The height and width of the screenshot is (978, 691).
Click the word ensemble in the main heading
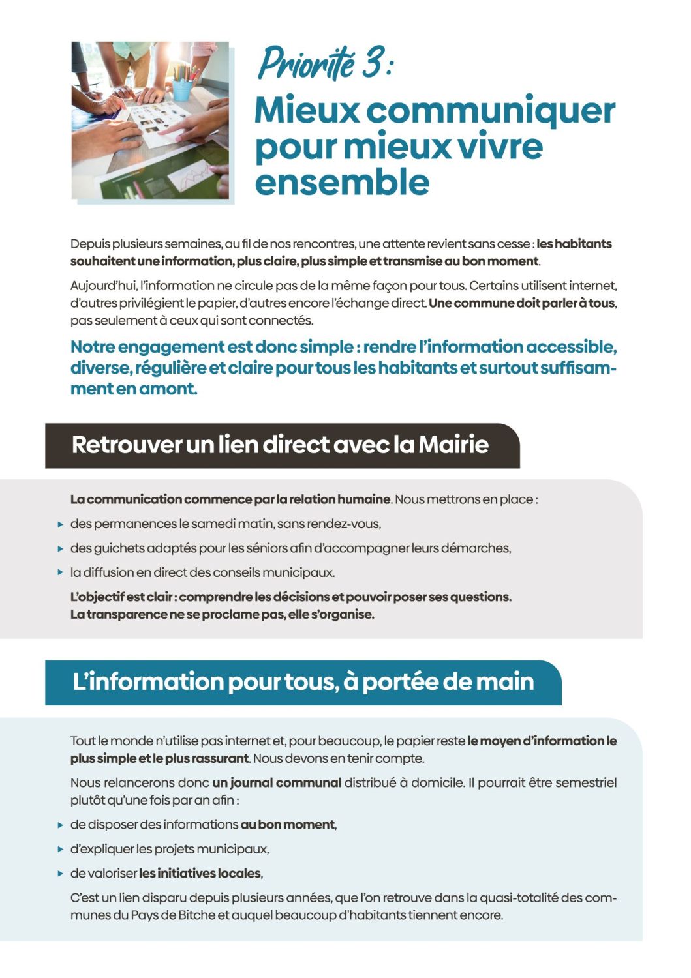pyautogui.click(x=342, y=181)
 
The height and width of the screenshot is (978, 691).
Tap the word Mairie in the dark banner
pyautogui.click(x=453, y=445)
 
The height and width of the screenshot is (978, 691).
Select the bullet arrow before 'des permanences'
pyautogui.click(x=60, y=524)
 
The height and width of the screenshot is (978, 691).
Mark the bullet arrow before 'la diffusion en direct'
pyautogui.click(x=60, y=573)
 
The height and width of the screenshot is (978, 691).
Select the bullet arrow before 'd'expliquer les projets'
pyautogui.click(x=60, y=850)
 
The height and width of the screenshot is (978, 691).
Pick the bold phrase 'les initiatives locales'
pyautogui.click(x=200, y=873)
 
